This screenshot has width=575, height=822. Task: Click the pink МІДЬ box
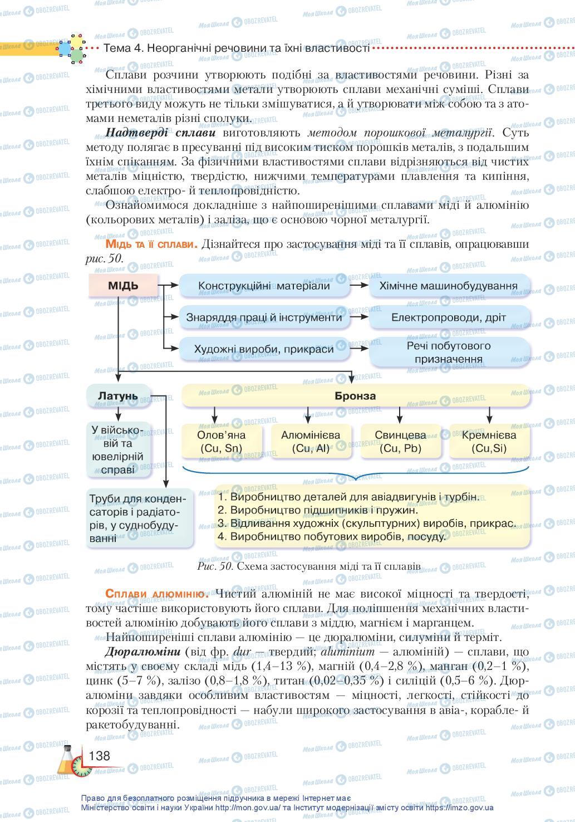(x=123, y=286)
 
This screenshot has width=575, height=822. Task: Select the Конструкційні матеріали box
(x=264, y=286)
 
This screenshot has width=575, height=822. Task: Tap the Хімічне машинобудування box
(x=449, y=286)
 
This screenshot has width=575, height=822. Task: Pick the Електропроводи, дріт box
(x=449, y=317)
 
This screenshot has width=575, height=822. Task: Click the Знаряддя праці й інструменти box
(x=264, y=317)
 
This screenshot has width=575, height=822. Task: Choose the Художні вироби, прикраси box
(x=264, y=349)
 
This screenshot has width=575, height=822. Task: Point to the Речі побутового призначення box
(x=449, y=353)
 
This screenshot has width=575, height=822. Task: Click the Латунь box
(x=118, y=397)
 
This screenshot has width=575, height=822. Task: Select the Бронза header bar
(x=355, y=397)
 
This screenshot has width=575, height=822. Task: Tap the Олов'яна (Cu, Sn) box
(x=222, y=442)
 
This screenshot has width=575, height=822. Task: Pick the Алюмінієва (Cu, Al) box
(x=311, y=442)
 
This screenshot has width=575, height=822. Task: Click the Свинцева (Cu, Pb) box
(x=400, y=442)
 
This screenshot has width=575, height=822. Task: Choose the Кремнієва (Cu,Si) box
(x=489, y=442)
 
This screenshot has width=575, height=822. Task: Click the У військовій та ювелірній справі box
(x=117, y=449)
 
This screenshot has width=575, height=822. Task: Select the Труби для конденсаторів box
(x=140, y=518)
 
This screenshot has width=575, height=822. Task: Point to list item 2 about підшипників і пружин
(x=317, y=510)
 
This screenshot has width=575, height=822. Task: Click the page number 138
(x=99, y=756)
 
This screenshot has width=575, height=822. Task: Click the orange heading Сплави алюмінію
(x=157, y=594)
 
